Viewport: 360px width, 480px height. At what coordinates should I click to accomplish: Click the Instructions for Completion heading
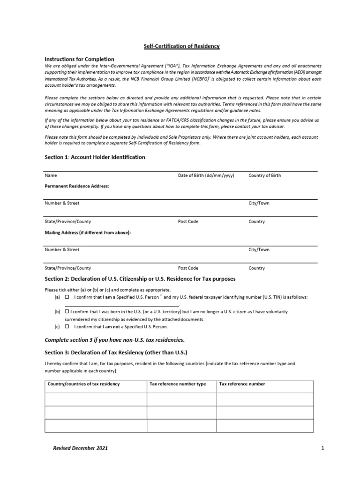coord(79,59)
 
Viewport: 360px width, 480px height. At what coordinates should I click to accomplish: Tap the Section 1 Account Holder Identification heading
coord(95,157)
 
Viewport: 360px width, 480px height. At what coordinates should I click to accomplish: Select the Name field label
coord(51,176)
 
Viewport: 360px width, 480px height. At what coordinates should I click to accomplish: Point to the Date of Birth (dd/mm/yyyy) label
coord(206,176)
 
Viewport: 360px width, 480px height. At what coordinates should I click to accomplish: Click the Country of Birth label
coord(265,176)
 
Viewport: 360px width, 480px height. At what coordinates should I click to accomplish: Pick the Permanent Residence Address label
coord(76,186)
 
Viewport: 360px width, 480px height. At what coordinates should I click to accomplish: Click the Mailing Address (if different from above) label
coord(88,232)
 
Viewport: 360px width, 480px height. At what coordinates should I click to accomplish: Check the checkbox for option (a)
coord(67,298)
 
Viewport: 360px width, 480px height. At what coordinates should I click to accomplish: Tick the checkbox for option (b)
coord(67,311)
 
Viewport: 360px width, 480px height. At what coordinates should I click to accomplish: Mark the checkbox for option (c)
coord(67,326)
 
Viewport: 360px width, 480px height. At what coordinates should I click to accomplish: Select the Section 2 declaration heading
coord(140,279)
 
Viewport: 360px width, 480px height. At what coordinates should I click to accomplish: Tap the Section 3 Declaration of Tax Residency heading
coord(115,352)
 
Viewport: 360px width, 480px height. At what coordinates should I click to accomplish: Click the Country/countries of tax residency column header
coord(83,384)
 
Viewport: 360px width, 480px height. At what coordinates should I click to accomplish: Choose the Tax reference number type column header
coord(178,384)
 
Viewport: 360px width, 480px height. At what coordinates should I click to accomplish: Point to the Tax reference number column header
coord(242,384)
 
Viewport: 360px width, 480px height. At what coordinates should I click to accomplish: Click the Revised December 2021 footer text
coord(80,448)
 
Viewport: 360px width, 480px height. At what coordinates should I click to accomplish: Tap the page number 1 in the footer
coord(322,448)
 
